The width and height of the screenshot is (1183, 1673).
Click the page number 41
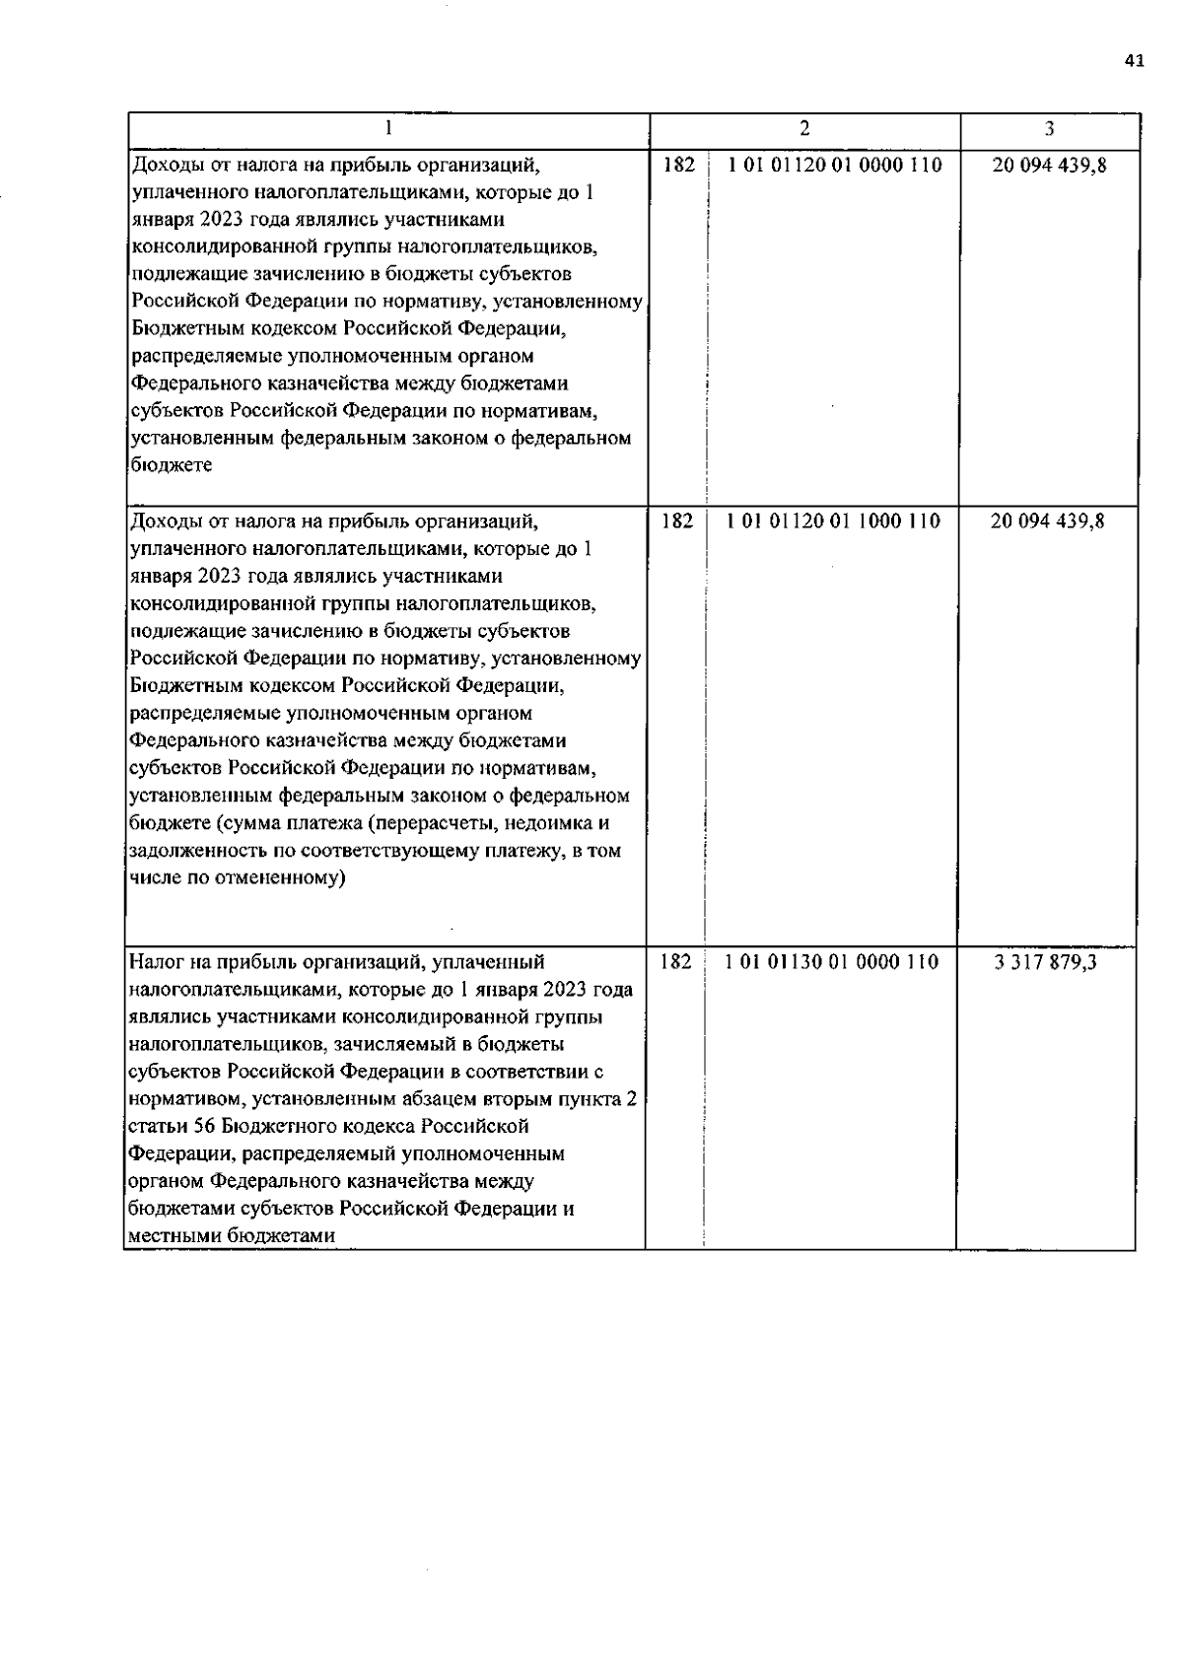tap(1134, 61)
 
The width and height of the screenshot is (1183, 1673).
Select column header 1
tap(387, 128)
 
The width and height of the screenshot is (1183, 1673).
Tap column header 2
tap(804, 128)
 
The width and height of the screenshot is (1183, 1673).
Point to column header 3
tap(1049, 129)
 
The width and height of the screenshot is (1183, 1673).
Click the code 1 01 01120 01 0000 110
tap(834, 166)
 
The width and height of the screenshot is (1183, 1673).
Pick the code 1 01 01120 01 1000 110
tap(833, 521)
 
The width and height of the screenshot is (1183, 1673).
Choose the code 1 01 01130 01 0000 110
tap(832, 962)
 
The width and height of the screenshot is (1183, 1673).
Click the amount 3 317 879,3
tap(1046, 962)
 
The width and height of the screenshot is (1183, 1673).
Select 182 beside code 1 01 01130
tap(675, 962)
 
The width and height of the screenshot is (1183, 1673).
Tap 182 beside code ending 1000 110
tap(676, 521)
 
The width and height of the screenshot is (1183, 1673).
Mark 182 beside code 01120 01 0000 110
tap(678, 166)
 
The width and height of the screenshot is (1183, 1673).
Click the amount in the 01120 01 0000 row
tap(1049, 166)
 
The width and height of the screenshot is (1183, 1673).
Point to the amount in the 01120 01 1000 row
tap(1047, 521)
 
